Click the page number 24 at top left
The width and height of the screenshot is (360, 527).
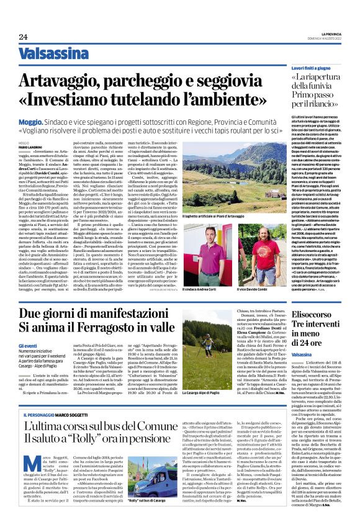[23, 37]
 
